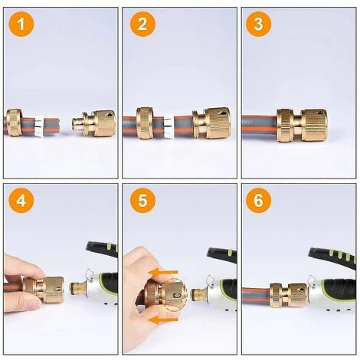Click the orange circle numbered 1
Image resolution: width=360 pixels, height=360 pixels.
click(x=21, y=24)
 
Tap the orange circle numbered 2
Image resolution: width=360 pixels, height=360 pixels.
click(x=142, y=24)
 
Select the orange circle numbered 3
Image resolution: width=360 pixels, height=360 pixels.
click(x=258, y=24)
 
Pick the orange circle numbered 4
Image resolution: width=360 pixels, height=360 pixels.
click(x=21, y=201)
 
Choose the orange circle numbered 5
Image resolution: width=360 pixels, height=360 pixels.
click(x=142, y=201)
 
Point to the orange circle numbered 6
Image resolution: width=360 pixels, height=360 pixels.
click(x=258, y=201)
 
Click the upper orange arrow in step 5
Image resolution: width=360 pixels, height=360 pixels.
click(x=162, y=273)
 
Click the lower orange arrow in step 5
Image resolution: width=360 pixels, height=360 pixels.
click(x=162, y=319)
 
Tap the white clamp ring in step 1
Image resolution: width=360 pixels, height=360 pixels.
click(x=40, y=127)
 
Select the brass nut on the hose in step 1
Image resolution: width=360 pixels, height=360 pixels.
click(x=15, y=123)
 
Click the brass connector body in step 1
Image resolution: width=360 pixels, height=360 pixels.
click(x=94, y=123)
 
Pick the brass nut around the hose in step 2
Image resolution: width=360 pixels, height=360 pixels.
click(x=146, y=123)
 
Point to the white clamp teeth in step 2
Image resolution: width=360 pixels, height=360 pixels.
click(x=169, y=127)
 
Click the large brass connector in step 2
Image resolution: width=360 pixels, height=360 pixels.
click(x=211, y=123)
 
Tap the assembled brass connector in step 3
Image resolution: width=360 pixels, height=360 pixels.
click(x=302, y=125)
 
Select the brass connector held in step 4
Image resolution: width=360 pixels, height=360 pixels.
click(x=44, y=290)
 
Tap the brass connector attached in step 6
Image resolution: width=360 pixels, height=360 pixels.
click(x=289, y=295)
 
